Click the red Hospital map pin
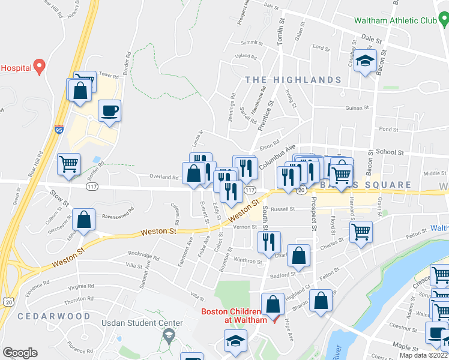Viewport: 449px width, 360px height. click(40, 66)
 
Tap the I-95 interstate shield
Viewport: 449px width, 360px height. click(59, 130)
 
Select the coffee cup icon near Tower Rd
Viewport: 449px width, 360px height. click(109, 111)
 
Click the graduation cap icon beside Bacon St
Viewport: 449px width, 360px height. click(364, 61)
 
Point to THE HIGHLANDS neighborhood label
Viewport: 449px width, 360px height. click(293, 80)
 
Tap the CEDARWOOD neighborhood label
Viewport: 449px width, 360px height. click(45, 316)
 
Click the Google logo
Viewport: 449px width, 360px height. click(20, 352)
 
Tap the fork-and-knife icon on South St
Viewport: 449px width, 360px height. click(268, 242)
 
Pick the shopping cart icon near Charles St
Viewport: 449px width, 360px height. click(361, 231)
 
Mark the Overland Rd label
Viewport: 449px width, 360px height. click(164, 178)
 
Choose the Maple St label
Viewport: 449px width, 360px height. click(405, 347)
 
